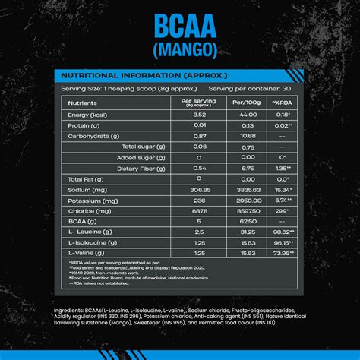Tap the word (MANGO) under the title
tap(179, 51)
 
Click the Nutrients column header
tap(83, 103)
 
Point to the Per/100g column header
tap(247, 103)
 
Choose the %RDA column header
tap(283, 103)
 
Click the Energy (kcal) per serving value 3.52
tap(200, 114)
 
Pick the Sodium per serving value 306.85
tap(200, 190)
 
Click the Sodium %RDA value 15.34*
tap(283, 190)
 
